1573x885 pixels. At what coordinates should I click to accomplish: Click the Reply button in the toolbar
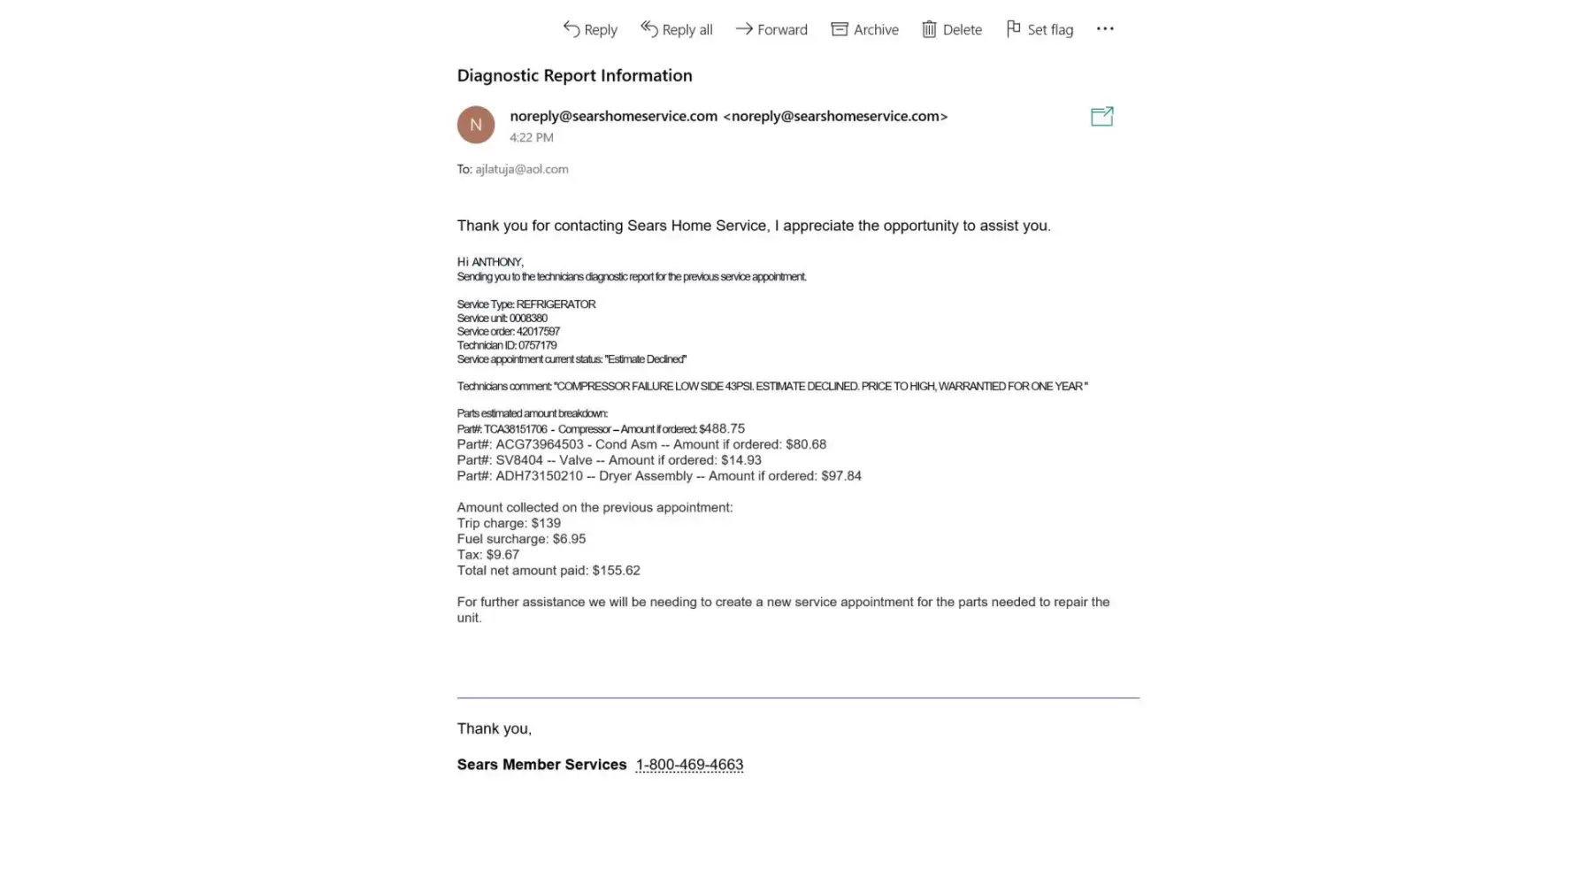pos(590,29)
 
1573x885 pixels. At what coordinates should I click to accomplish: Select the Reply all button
pos(677,29)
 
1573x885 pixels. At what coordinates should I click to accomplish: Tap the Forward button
pos(771,29)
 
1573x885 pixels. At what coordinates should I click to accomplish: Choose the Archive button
pos(864,29)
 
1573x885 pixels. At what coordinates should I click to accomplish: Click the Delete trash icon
pos(929,29)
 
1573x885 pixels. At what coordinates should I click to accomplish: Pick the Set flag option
pos(1040,29)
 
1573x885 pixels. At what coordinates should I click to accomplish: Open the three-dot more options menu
pos(1105,28)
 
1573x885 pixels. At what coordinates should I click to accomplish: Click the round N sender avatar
pos(476,125)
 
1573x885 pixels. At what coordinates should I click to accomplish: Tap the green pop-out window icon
pos(1101,116)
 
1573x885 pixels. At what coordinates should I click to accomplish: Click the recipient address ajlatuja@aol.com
pos(522,169)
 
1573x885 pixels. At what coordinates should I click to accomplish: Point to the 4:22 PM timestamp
pos(532,137)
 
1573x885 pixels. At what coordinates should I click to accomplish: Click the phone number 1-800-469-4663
pos(689,765)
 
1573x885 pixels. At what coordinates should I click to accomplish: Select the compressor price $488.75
pos(722,428)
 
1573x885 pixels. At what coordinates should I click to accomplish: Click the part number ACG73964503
pos(540,444)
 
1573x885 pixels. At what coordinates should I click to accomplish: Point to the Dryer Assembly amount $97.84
pos(841,476)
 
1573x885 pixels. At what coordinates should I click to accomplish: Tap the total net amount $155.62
pos(617,571)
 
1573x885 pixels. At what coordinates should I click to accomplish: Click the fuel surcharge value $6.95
pos(569,539)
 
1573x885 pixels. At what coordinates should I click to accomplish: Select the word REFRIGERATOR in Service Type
pos(556,304)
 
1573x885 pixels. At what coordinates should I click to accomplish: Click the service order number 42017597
pos(538,332)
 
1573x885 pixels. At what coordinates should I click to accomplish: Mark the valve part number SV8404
pos(519,460)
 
